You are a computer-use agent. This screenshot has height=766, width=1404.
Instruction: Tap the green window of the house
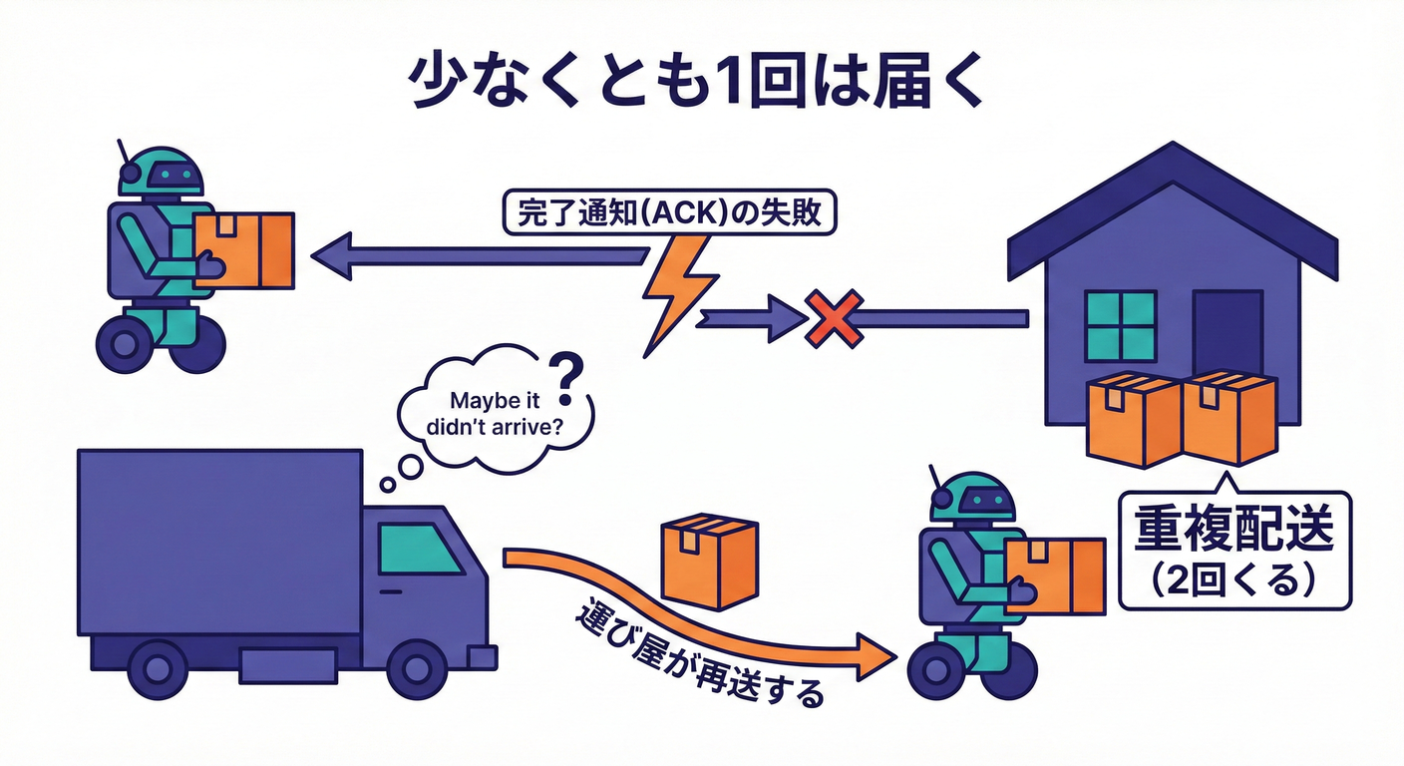pos(1120,326)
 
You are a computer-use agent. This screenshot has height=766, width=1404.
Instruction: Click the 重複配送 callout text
pos(1234,532)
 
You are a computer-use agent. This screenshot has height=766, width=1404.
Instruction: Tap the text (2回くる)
pos(1233,578)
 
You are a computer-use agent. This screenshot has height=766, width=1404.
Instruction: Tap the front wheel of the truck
pos(417,667)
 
